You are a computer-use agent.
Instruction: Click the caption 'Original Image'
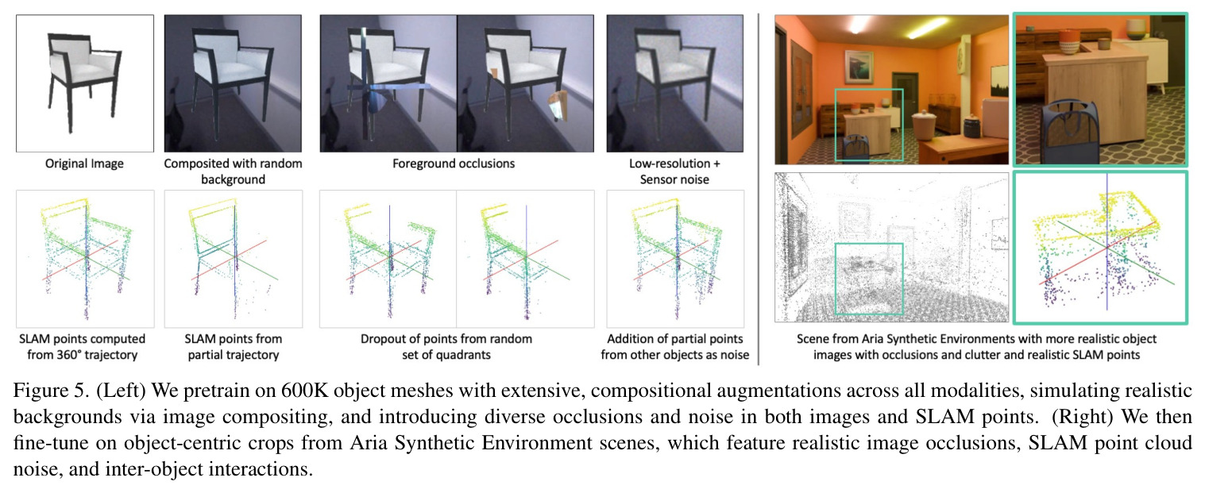coord(84,164)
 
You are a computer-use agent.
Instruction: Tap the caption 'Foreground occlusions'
coord(454,164)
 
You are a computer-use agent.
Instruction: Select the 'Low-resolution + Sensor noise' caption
coord(674,171)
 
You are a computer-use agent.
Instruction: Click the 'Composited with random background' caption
coord(233,171)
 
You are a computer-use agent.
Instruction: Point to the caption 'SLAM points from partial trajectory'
coord(233,347)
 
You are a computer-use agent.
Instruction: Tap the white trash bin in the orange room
coord(924,125)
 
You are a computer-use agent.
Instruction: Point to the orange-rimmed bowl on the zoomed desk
coord(1068,41)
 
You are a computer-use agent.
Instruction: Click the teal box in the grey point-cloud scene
coord(869,279)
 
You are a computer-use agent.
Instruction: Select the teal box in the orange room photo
coord(869,125)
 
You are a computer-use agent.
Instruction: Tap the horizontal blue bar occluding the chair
coord(388,87)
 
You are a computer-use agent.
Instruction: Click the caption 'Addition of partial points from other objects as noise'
coord(674,347)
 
